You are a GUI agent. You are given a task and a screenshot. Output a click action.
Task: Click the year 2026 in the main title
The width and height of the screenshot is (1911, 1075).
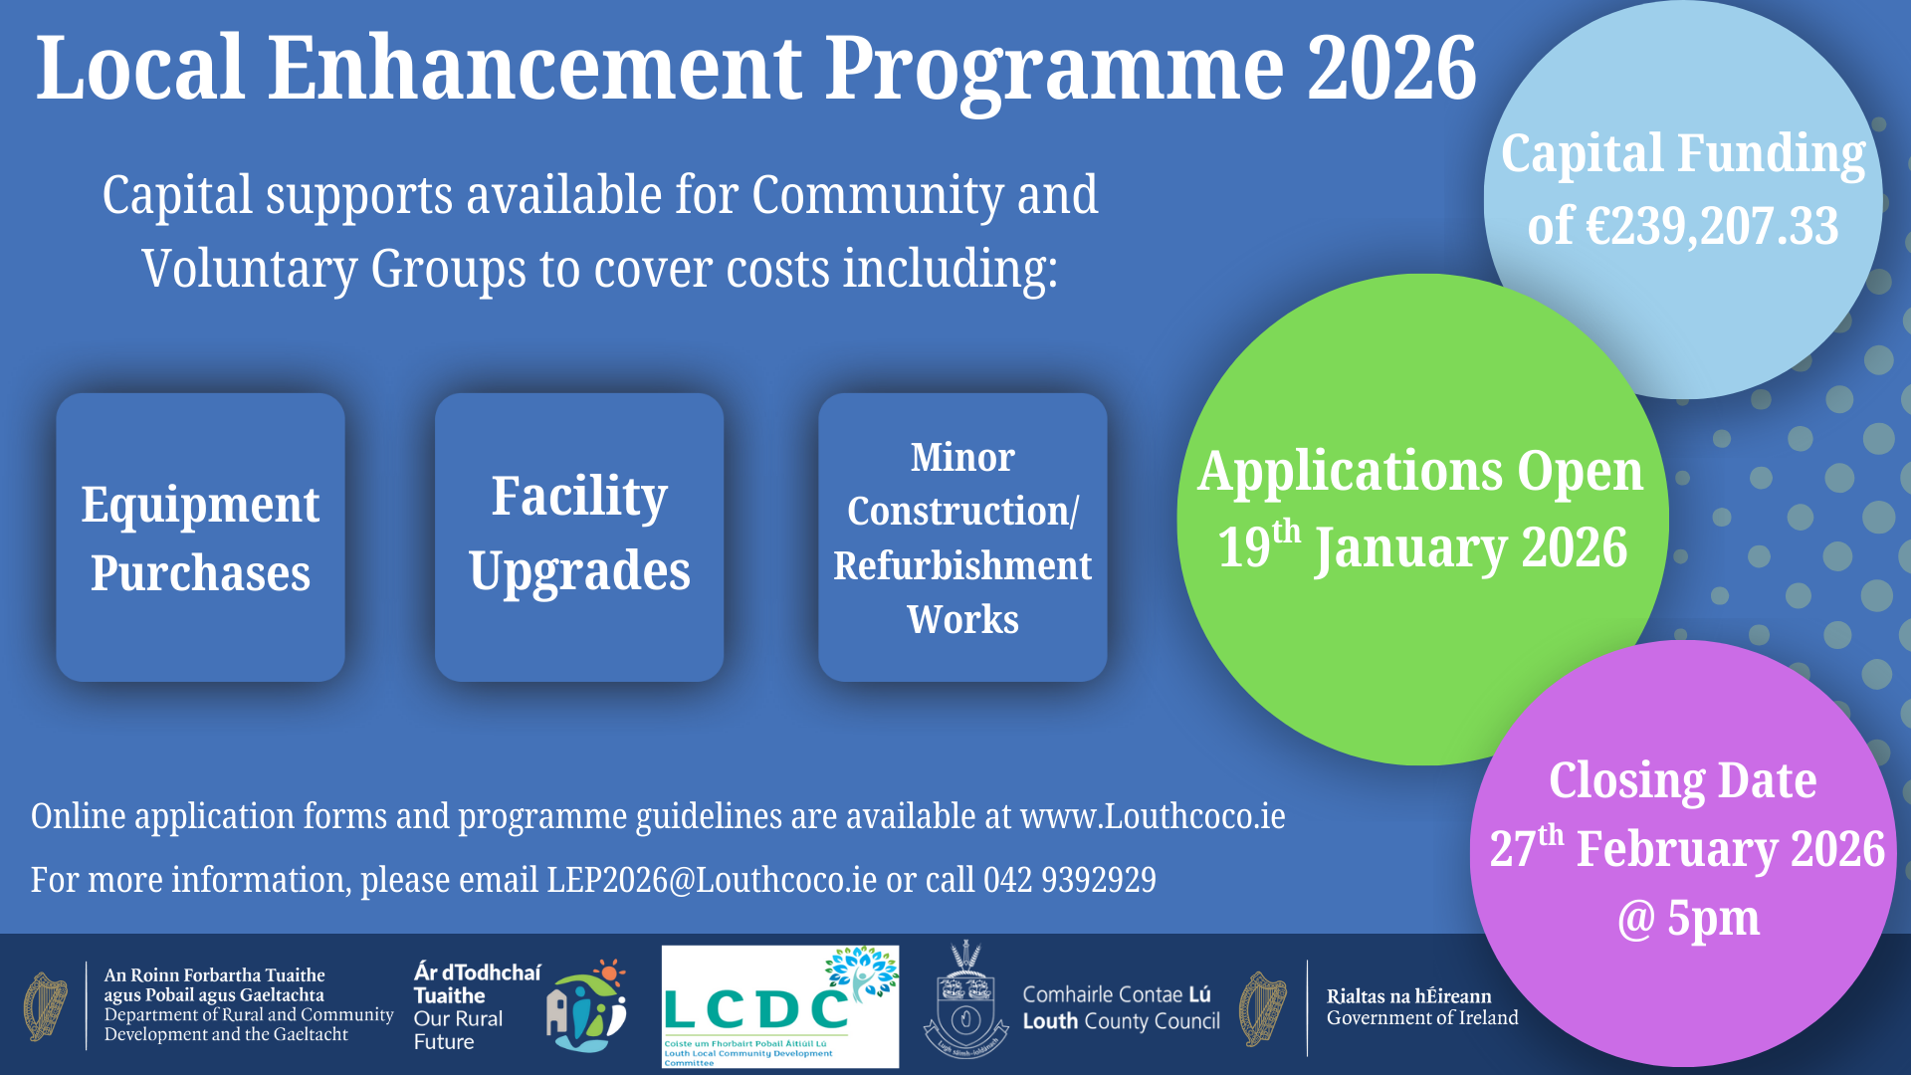pos(1391,68)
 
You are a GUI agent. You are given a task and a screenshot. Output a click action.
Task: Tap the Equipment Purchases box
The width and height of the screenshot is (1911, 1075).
pos(200,537)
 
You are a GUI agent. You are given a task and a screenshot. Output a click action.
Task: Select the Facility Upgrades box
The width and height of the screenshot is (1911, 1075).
pos(579,537)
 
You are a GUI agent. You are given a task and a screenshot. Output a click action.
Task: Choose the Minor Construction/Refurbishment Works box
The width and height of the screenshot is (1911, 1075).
pos(962,537)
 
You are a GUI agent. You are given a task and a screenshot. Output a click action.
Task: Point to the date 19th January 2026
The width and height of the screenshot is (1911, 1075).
pos(1423,548)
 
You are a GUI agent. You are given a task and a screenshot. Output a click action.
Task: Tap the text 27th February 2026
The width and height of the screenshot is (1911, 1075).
pos(1687,849)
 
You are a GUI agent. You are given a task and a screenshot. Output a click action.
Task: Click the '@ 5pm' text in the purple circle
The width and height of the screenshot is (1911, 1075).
pos(1688,918)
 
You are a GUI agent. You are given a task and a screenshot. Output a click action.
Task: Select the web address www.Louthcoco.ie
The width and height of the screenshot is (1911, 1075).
pos(1153,816)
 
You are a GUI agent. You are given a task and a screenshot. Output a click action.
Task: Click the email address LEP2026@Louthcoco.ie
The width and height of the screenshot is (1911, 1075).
pos(712,880)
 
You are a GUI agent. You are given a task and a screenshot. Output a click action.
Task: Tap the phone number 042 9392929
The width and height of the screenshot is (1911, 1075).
pos(1070,880)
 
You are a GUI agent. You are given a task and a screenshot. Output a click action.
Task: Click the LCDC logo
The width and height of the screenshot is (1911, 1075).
pos(779,1006)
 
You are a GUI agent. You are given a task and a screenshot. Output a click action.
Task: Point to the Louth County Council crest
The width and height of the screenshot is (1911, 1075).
pos(964,1000)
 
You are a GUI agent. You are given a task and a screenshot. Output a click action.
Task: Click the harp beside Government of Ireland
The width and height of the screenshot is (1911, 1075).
pos(1262,1008)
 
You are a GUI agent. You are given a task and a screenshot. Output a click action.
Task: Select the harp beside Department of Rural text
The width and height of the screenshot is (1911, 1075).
pos(46,1007)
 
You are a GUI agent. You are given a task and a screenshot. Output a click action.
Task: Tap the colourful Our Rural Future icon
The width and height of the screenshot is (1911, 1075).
pos(587,1007)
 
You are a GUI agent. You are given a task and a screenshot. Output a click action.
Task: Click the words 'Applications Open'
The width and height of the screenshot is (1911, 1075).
pos(1420,471)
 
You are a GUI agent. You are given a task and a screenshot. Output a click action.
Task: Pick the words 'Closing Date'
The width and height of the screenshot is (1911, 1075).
pos(1682,779)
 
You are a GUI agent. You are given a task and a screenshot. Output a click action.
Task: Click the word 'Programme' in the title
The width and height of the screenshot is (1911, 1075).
pos(1055,68)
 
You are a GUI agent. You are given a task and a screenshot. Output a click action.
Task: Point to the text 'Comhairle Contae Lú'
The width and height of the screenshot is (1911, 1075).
pos(1116,994)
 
